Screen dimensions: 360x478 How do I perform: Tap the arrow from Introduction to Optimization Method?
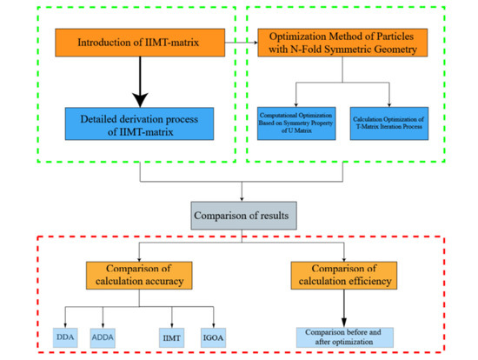tap(245, 41)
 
